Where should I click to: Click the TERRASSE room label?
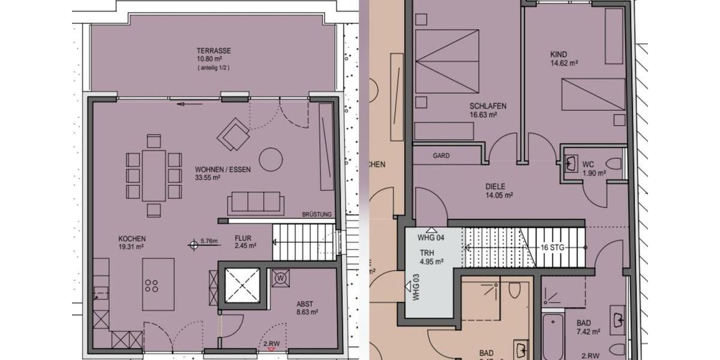pos(214,51)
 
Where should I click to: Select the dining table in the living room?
pos(154,175)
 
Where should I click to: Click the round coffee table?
pos(271,160)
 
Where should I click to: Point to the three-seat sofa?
pos(256,203)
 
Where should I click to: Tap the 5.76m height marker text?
pos(209,242)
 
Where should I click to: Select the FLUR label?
pos(243,238)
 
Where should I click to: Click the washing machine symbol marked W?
pos(280,278)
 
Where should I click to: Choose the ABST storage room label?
pos(305,304)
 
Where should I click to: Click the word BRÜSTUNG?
pos(317,215)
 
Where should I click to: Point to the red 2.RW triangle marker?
pos(271,349)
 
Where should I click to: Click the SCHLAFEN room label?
pos(488,106)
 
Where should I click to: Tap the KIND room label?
pos(559,55)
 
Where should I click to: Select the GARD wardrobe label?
pos(441,155)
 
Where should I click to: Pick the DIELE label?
pos(496,187)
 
